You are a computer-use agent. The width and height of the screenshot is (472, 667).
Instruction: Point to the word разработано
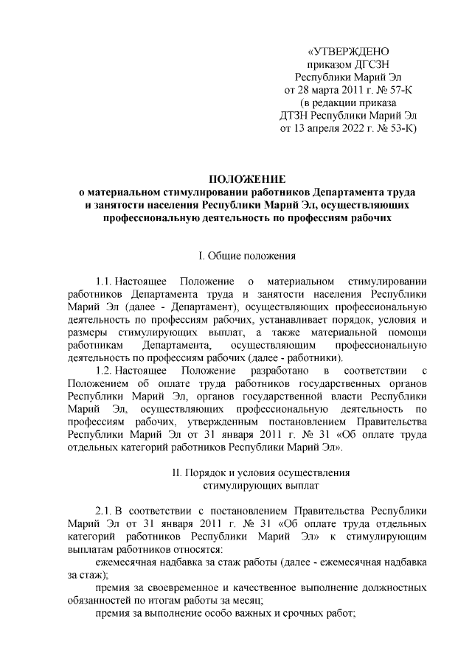(268, 369)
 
